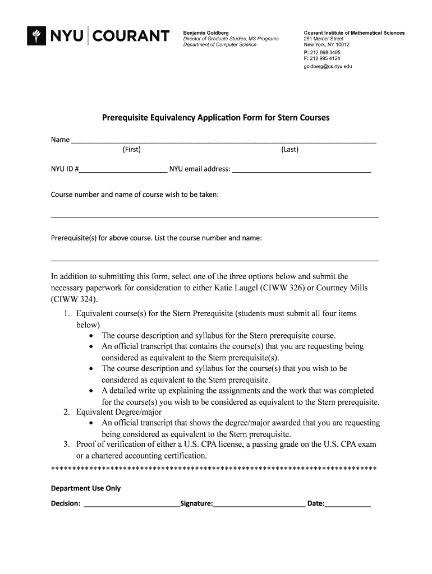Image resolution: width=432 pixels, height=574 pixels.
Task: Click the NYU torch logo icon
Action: coord(37,36)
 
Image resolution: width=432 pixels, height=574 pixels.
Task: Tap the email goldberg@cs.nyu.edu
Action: coord(328,66)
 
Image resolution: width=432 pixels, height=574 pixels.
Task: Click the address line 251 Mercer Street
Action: coord(324,39)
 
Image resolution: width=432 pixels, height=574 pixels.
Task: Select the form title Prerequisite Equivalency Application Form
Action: coord(215,118)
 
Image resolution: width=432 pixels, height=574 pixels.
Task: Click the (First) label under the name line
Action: coord(131,149)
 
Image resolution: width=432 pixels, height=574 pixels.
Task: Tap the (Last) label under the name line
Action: coord(290,149)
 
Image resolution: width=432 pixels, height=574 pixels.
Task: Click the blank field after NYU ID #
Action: coord(123,169)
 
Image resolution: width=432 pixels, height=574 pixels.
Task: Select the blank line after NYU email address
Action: coord(301,169)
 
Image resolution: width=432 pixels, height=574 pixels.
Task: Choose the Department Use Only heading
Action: coord(86,488)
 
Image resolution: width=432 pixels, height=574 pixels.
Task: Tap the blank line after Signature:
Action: coord(259,504)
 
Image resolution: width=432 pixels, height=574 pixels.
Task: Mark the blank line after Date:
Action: coord(348,504)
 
